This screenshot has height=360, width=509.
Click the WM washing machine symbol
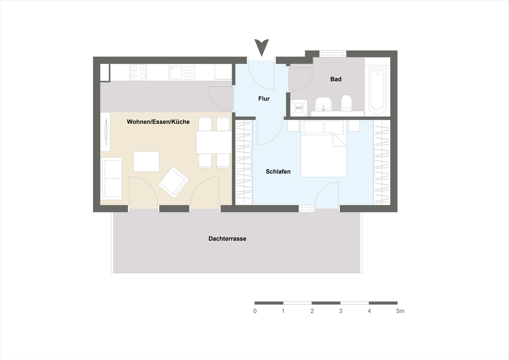299,108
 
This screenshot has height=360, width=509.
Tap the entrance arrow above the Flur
262,47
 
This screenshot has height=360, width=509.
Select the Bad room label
336,79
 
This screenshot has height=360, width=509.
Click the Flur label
264,99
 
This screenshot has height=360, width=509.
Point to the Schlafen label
278,172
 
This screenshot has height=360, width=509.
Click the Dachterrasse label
227,239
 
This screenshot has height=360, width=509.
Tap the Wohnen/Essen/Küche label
158,122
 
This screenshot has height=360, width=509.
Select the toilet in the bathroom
346,103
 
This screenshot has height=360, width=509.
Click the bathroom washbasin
323,104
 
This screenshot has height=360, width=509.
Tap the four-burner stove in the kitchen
138,72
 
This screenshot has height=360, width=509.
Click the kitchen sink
176,72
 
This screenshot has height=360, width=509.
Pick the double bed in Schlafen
323,155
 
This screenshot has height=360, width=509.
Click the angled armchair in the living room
174,182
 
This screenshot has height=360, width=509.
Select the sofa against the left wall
112,179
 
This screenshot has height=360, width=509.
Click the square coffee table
146,162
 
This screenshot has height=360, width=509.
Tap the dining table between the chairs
214,142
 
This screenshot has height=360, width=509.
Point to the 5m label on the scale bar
400,311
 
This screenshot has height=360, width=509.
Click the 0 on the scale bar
255,311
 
